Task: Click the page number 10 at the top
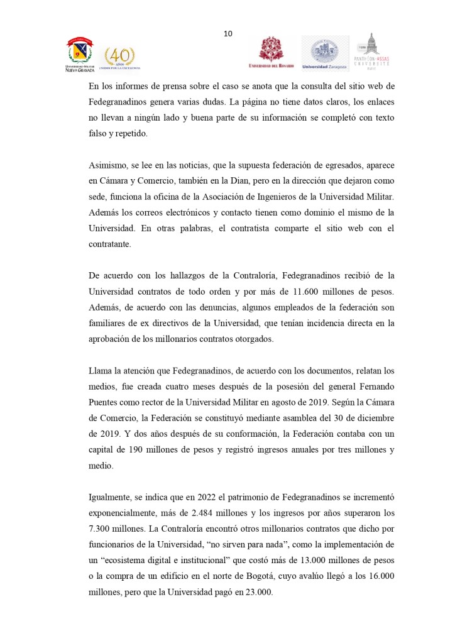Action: [x=227, y=33]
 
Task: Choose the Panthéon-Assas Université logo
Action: [x=373, y=51]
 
